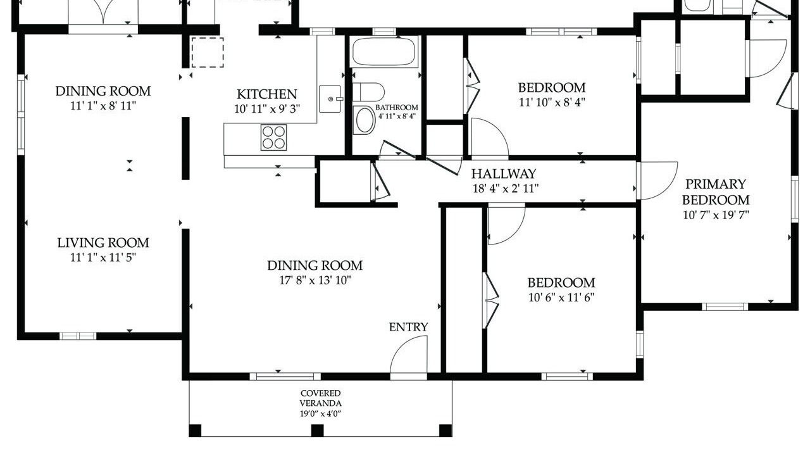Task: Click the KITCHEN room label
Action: coord(267,94)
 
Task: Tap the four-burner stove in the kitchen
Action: coord(273,137)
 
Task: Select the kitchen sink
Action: coord(330,99)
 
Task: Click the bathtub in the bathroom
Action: coord(383,51)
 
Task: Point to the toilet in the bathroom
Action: coord(368,92)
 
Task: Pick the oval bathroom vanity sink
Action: coord(365,120)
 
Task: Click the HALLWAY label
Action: coord(503,174)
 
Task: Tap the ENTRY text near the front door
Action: coord(408,327)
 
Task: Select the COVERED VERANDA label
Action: coord(320,398)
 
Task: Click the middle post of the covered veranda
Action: coord(317,431)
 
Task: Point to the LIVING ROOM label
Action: coord(103,243)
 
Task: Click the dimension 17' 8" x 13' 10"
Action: coord(315,280)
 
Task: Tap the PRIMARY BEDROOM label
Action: coord(716,192)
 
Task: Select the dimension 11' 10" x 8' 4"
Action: coord(552,103)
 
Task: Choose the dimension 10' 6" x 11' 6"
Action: coord(561,298)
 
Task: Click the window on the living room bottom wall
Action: coord(78,336)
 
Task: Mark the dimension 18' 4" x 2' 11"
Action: coord(506,189)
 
